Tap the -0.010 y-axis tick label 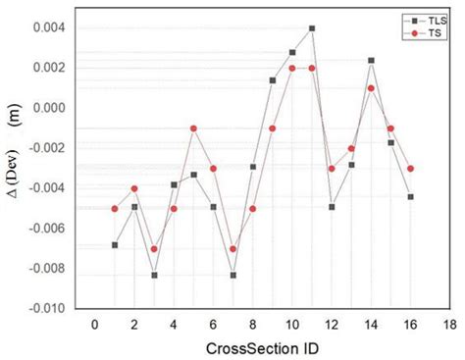click(x=56, y=308)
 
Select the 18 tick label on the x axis click(x=450, y=324)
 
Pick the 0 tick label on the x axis click(x=95, y=324)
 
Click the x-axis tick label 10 click(x=291, y=324)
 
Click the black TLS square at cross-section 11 click(x=312, y=28)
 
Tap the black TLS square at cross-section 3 click(x=154, y=275)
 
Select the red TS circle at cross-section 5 click(x=193, y=129)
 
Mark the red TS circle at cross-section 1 click(x=115, y=208)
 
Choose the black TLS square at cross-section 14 click(x=371, y=61)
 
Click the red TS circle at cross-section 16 click(x=410, y=169)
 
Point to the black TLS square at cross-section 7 click(x=232, y=275)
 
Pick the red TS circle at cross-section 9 click(x=272, y=129)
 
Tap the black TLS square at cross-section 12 click(x=332, y=207)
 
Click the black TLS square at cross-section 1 click(x=115, y=244)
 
